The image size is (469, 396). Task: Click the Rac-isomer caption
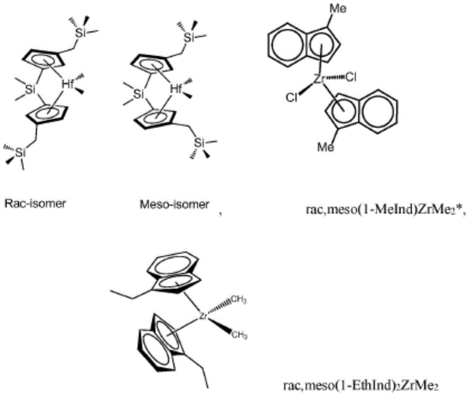[x=35, y=204]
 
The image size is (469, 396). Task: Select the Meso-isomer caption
[x=174, y=205]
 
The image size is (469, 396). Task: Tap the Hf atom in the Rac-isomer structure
[x=68, y=85]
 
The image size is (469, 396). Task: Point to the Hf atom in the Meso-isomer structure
[x=176, y=89]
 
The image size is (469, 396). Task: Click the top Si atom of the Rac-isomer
[x=80, y=33]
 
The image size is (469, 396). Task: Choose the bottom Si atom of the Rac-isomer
[x=20, y=153]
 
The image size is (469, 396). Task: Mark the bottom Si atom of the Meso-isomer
[x=199, y=143]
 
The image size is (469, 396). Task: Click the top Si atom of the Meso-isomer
[x=189, y=38]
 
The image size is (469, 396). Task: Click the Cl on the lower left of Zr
[x=292, y=98]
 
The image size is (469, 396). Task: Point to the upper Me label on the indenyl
[x=338, y=9]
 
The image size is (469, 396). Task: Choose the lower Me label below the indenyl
[x=326, y=147]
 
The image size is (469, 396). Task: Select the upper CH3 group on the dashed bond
[x=239, y=300]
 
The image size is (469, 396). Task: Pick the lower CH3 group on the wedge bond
[x=240, y=335]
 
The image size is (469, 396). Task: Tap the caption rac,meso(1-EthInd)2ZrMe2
[x=361, y=386]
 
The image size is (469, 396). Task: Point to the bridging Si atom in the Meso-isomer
[x=138, y=94]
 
